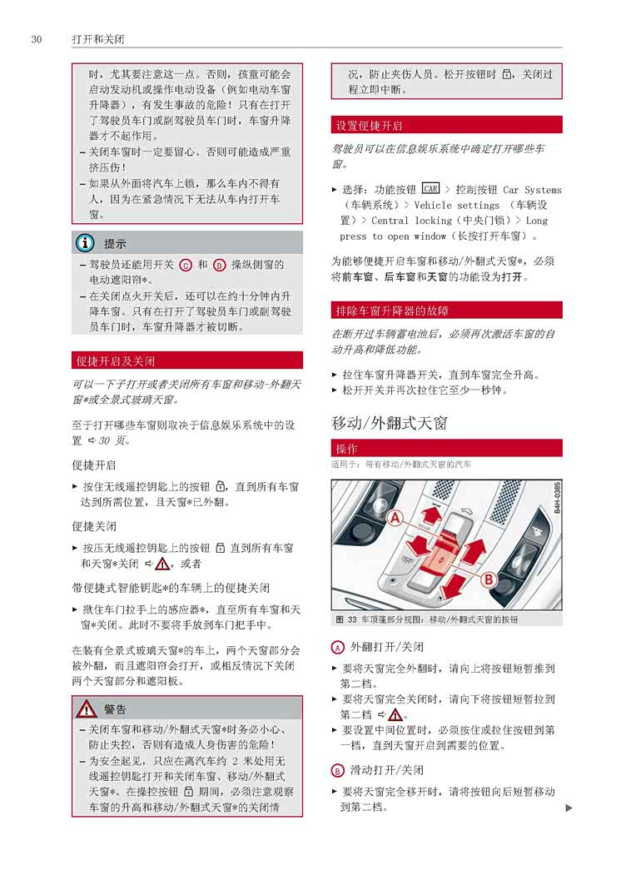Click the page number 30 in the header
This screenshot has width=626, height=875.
tap(36, 39)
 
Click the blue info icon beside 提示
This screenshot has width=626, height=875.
tap(85, 244)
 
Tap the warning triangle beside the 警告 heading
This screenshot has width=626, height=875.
tap(86, 709)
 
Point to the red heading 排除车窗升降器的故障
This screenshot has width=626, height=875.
tap(391, 311)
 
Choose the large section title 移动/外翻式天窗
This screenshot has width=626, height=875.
tap(390, 423)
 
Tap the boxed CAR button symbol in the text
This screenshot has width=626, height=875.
tap(430, 189)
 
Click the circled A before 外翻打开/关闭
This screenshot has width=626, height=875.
tap(337, 647)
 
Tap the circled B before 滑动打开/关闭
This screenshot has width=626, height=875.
tap(337, 770)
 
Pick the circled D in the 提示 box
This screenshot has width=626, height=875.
tap(220, 265)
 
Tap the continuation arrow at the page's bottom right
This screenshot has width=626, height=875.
tap(569, 808)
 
